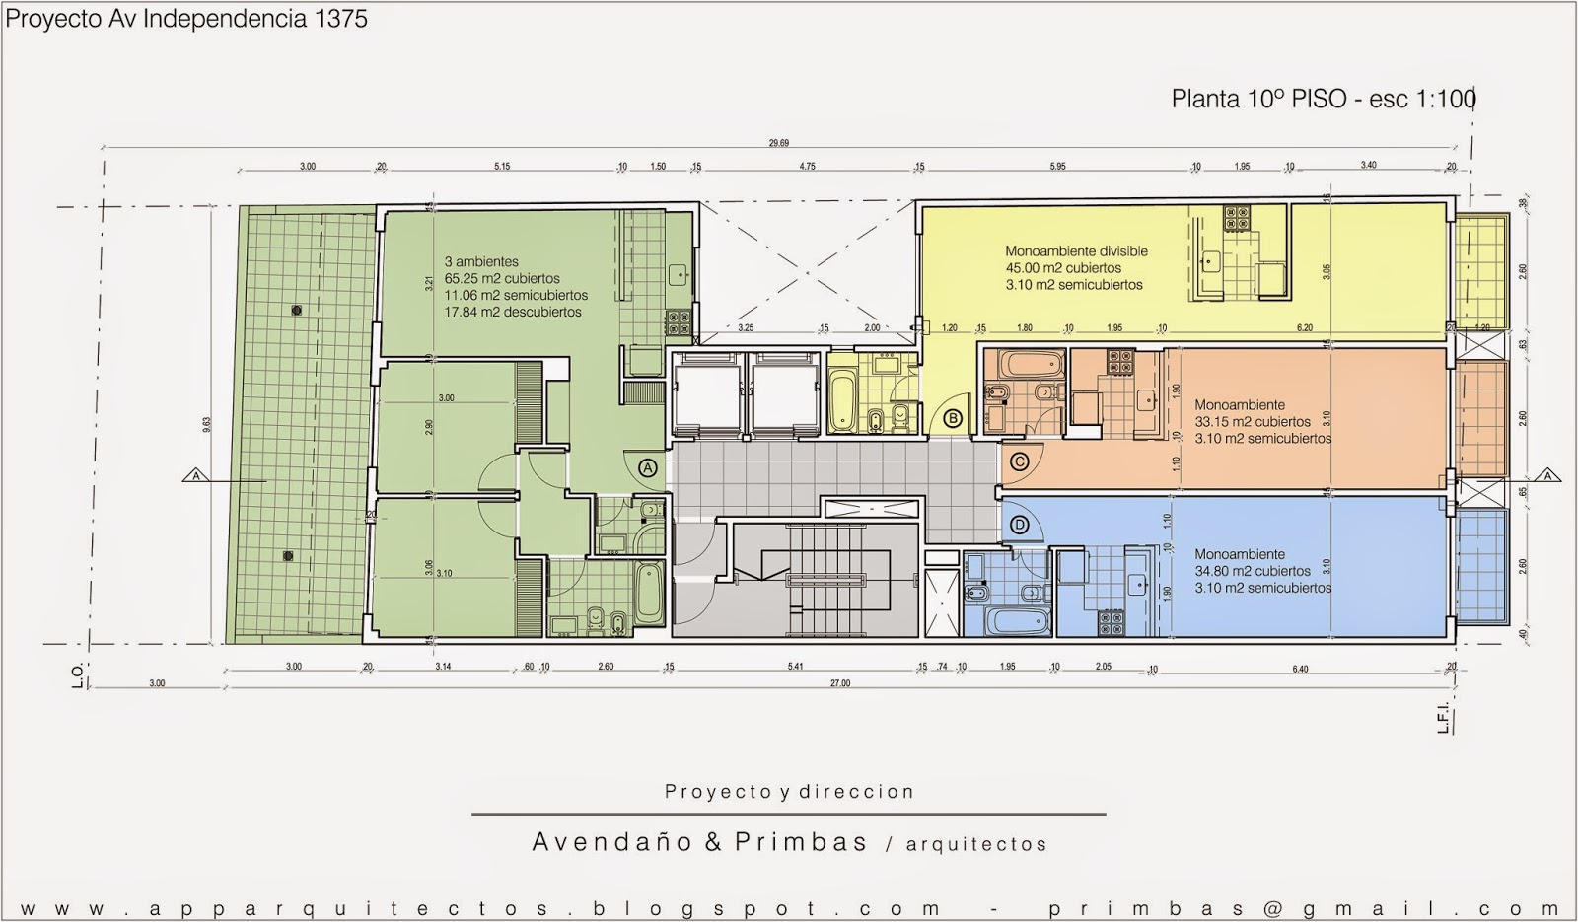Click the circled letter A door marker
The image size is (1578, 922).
pyautogui.click(x=647, y=468)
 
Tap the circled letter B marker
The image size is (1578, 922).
pyautogui.click(x=953, y=418)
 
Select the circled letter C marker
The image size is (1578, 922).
pyautogui.click(x=1020, y=461)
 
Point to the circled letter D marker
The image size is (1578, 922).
pyautogui.click(x=1020, y=526)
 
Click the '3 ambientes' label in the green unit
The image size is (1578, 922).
pyautogui.click(x=481, y=262)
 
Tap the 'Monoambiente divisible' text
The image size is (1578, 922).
pyautogui.click(x=1076, y=251)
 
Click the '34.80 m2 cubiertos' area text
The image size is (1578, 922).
pyautogui.click(x=1253, y=571)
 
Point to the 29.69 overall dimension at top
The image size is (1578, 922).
pyautogui.click(x=778, y=144)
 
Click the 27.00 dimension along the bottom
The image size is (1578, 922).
pyautogui.click(x=839, y=683)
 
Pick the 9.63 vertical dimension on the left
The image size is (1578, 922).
pyautogui.click(x=206, y=425)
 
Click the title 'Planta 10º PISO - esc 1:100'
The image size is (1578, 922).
pyautogui.click(x=1323, y=99)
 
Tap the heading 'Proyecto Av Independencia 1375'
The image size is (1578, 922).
pyautogui.click(x=187, y=19)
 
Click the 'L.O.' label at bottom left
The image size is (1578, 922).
pyautogui.click(x=79, y=676)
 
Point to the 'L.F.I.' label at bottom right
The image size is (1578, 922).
pyautogui.click(x=1443, y=718)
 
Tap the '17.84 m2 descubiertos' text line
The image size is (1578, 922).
pyautogui.click(x=513, y=313)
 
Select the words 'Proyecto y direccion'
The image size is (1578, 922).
pyautogui.click(x=789, y=792)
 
